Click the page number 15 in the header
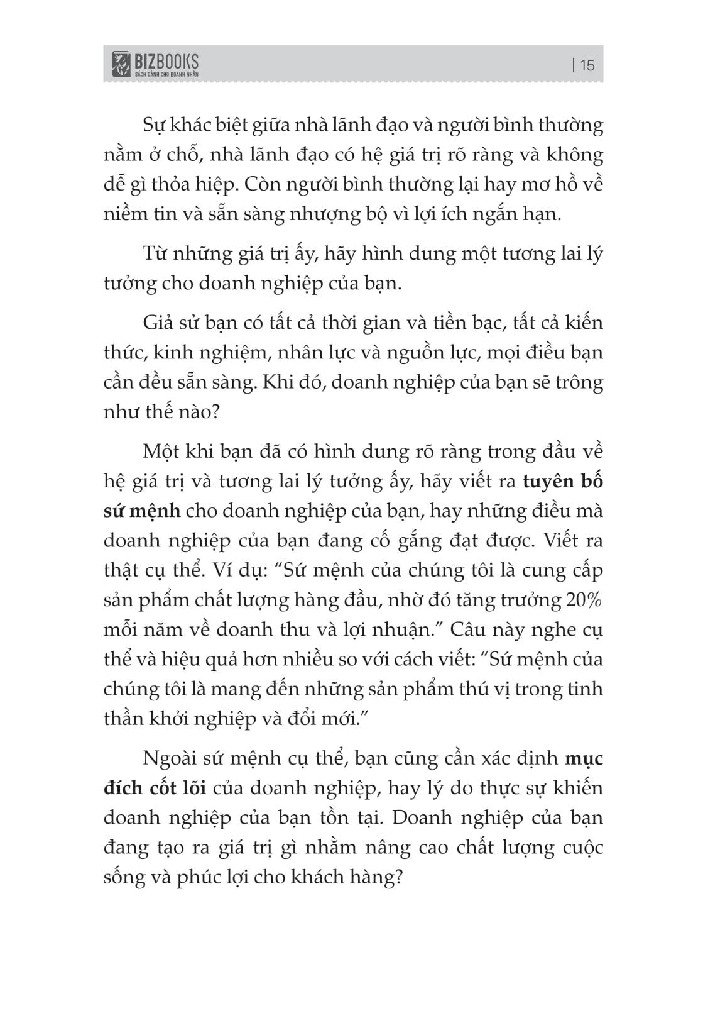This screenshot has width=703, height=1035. [x=587, y=65]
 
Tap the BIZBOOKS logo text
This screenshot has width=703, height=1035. [x=166, y=61]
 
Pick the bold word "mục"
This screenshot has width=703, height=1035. [x=584, y=758]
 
